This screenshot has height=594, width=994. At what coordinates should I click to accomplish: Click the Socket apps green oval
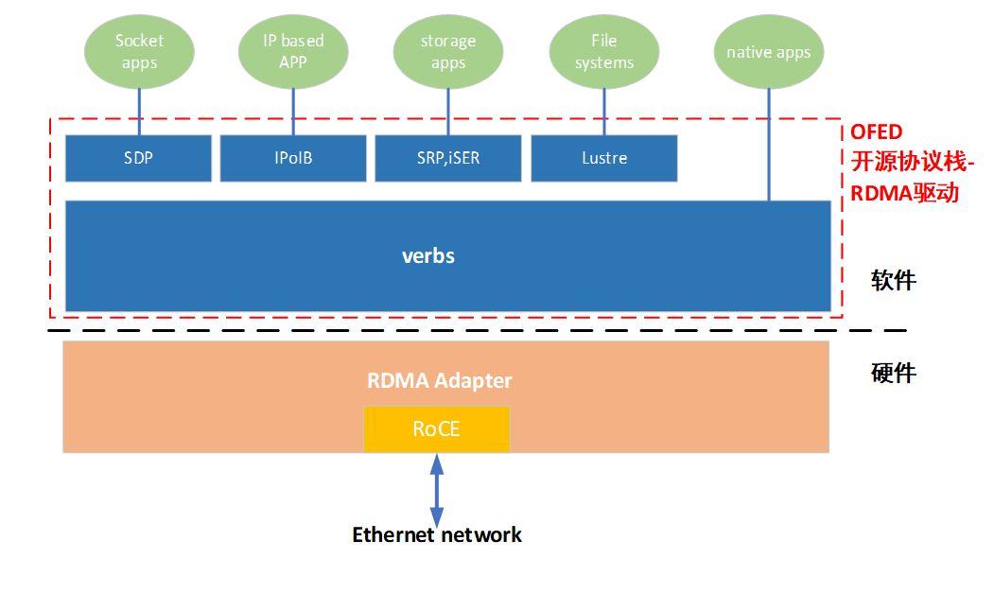tap(139, 52)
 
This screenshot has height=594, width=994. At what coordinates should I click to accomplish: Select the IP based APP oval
tap(293, 52)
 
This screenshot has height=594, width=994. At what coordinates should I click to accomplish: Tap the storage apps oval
tap(448, 52)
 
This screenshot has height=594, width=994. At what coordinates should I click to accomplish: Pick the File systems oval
tap(603, 52)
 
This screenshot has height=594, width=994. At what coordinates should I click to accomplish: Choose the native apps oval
tap(768, 52)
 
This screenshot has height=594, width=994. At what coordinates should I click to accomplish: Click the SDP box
tap(138, 158)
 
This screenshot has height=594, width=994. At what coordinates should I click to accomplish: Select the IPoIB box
tap(293, 158)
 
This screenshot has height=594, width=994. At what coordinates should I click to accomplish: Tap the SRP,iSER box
tap(448, 158)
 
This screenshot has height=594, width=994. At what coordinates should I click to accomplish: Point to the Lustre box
tap(604, 158)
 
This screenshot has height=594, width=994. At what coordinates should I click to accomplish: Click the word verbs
tap(428, 256)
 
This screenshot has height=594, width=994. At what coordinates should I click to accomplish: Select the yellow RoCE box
tap(437, 429)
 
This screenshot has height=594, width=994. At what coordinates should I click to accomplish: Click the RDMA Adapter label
tap(440, 380)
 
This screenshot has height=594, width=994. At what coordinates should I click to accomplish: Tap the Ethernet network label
tap(437, 535)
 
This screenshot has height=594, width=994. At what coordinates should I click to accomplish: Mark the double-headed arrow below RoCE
tap(437, 490)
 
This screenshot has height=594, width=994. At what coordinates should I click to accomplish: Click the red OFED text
tap(877, 132)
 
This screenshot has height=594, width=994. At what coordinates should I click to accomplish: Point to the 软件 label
tap(894, 280)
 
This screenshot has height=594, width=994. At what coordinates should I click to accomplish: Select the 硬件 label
tap(894, 373)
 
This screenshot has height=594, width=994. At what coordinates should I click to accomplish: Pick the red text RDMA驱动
tap(905, 193)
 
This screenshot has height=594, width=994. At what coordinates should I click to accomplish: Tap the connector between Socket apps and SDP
tap(140, 113)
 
